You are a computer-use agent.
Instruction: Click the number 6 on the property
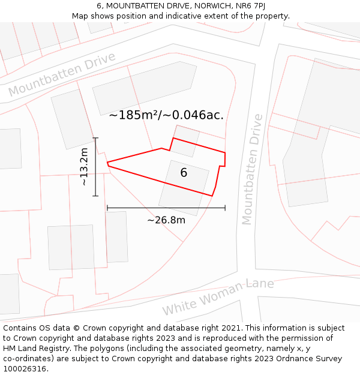[184, 173]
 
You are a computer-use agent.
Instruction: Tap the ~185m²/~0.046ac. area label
[166, 115]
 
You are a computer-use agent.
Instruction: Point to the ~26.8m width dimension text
[166, 220]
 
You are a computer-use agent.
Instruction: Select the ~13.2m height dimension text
[85, 167]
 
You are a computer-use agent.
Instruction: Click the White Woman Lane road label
[218, 297]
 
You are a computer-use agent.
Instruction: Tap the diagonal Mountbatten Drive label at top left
[62, 74]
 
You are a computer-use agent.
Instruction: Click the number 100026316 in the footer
[25, 369]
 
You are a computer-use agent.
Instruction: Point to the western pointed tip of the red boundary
[107, 163]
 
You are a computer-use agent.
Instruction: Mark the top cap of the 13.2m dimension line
[95, 138]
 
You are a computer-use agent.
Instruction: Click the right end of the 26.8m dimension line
[225, 208]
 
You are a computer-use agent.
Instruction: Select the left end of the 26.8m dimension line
[107, 208]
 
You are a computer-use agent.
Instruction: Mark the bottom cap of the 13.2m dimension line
[95, 196]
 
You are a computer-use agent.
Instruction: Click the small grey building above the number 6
[184, 141]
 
